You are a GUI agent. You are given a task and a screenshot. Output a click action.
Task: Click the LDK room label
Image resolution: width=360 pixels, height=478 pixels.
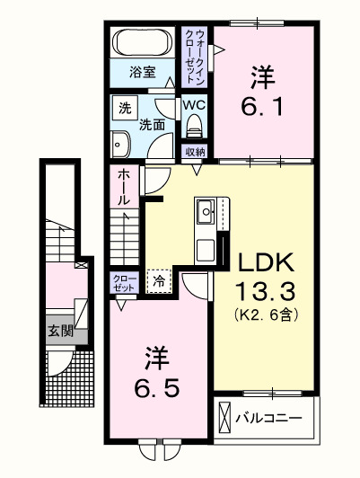coord(266,263)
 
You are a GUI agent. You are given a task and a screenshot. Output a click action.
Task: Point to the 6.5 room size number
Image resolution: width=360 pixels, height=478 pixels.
coord(162,390)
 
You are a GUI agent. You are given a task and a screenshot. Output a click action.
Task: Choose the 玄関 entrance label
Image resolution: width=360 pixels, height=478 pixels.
coord(61,331)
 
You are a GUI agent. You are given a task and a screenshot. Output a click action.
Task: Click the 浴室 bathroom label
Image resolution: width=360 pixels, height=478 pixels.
coord(141,71)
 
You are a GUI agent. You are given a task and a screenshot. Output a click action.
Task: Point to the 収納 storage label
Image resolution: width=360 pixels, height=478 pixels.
coord(195,151)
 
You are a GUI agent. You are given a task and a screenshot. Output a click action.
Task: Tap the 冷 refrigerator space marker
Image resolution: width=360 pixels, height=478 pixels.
coord(159,281)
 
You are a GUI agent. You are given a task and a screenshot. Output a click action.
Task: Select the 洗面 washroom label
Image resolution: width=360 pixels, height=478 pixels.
coord(152,126)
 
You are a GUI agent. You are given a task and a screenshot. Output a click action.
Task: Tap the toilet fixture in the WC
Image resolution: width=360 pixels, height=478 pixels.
coord(194,127)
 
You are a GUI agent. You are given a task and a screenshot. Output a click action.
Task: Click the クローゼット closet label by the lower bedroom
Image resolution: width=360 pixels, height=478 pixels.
coord(125,283)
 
